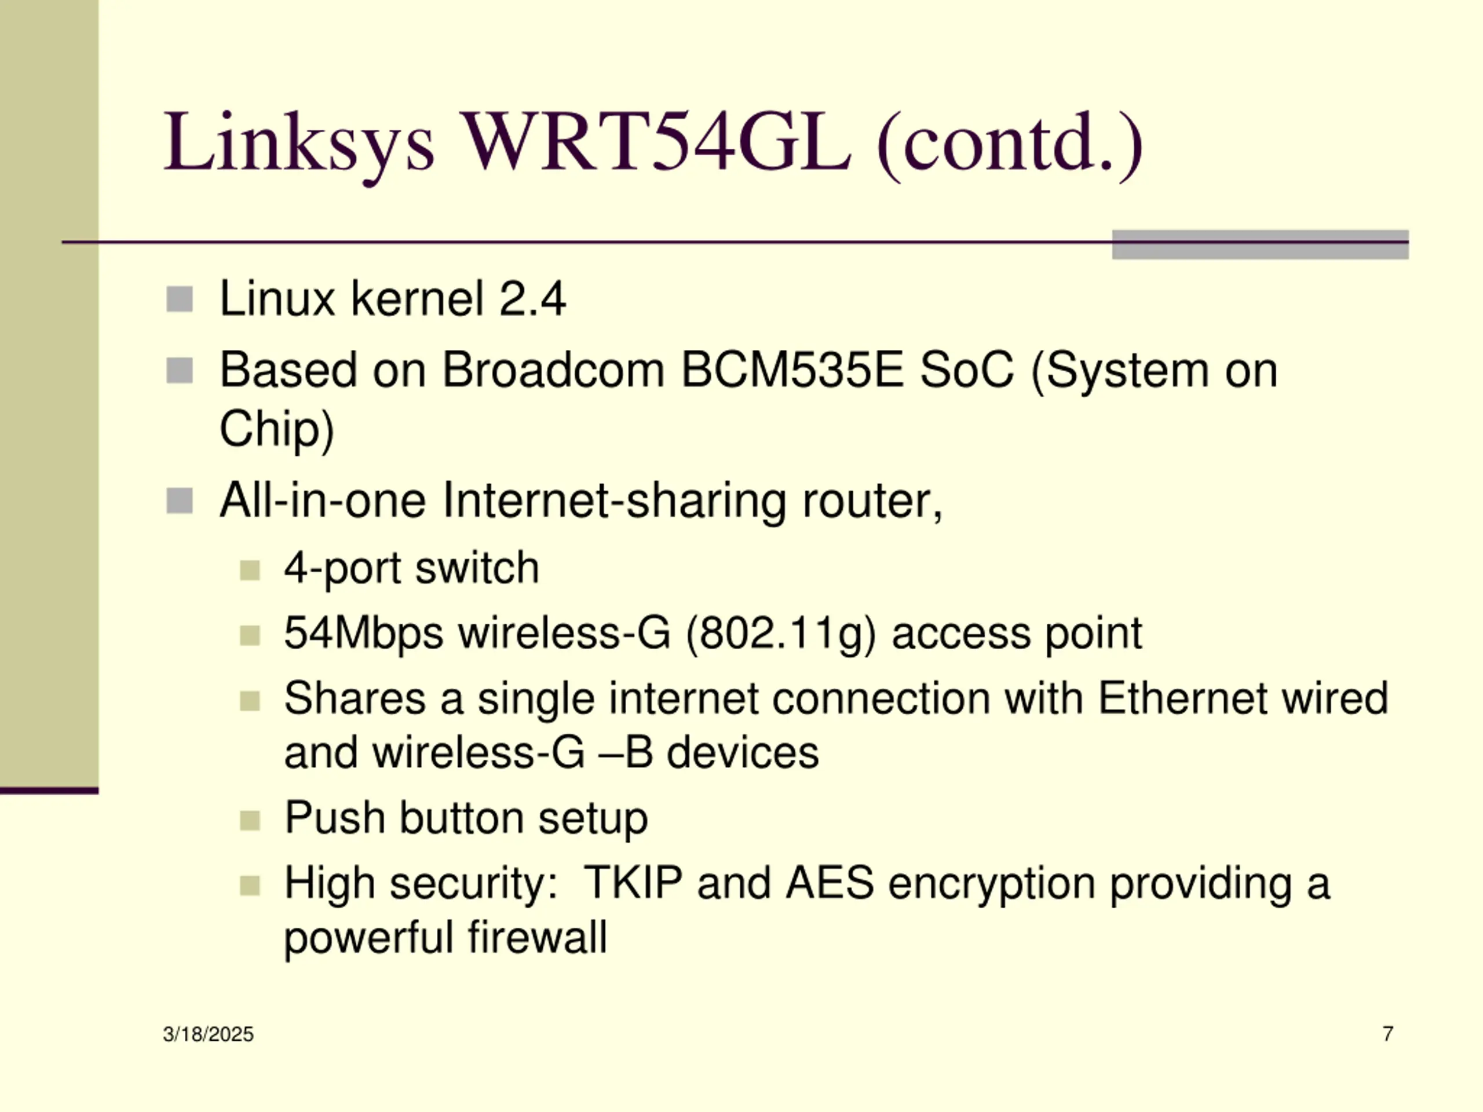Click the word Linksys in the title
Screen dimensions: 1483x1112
coord(299,144)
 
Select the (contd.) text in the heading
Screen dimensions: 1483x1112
coord(1009,144)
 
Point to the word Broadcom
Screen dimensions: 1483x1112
coord(553,370)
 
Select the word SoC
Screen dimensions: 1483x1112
coord(967,370)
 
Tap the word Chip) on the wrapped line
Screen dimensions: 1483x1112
coord(276,430)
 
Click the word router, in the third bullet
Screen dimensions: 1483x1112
coord(872,501)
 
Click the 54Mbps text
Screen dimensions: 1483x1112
coord(363,634)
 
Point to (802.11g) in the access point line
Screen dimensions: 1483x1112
coord(780,634)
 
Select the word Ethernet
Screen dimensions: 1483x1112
coord(1183,698)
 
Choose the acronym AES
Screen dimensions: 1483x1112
coord(830,883)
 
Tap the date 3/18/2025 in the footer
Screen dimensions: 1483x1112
coord(208,1034)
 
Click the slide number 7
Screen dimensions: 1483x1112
coord(1388,1034)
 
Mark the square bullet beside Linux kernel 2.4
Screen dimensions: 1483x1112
coord(179,299)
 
